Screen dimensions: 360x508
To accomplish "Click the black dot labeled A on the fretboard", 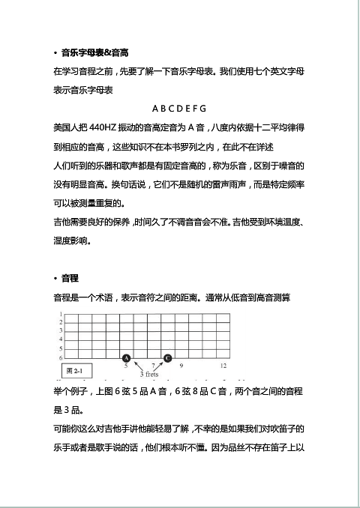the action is [126, 358].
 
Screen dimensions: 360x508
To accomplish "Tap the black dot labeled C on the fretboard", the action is [167, 358].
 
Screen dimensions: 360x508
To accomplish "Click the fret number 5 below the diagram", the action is [127, 366].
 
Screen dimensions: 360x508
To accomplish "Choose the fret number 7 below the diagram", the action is [153, 366].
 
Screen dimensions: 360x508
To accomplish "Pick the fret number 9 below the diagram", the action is [181, 366].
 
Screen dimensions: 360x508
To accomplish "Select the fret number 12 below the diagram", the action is [223, 366].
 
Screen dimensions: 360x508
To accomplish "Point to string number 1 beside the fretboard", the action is [61, 314].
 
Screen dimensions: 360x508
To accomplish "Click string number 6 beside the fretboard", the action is [61, 357].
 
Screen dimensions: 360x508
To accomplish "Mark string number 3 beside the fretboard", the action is [61, 331].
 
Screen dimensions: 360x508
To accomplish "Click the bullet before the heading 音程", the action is [55, 279].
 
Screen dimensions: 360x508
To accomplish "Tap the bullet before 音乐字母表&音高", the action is [55, 52].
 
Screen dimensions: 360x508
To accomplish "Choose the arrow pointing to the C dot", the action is [160, 366].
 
